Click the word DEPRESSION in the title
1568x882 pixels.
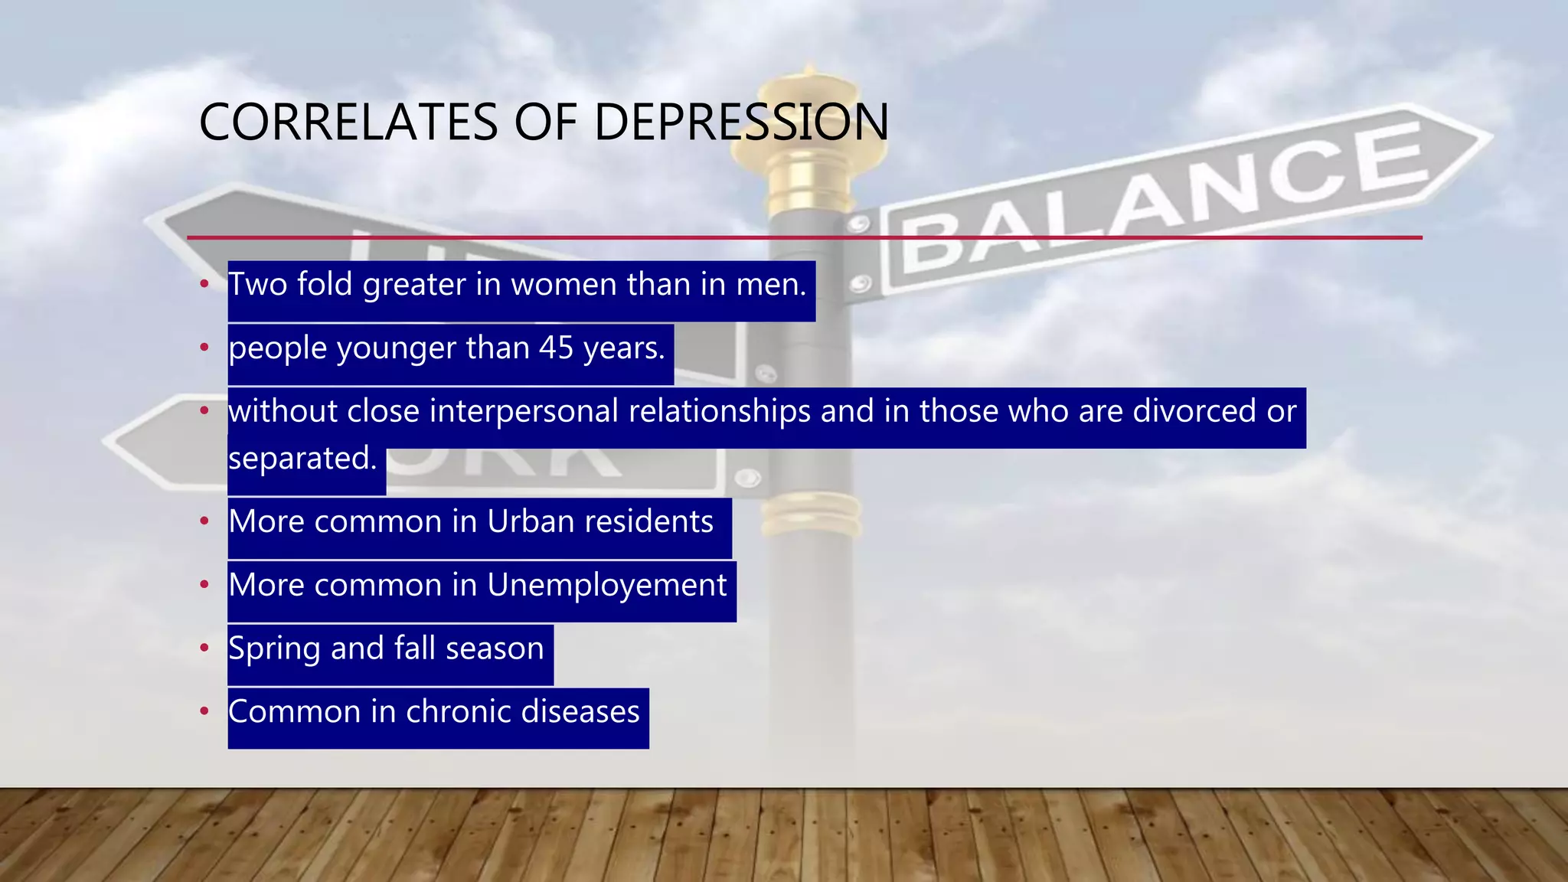[740, 122]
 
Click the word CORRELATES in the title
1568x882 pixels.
[348, 122]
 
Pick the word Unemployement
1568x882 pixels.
[606, 586]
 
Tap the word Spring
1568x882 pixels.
[274, 649]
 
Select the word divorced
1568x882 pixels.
[1194, 412]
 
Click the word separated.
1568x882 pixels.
[302, 459]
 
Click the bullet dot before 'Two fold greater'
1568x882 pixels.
[204, 285]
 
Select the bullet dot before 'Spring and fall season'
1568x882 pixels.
[204, 648]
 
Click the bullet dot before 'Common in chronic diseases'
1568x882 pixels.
[204, 712]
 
